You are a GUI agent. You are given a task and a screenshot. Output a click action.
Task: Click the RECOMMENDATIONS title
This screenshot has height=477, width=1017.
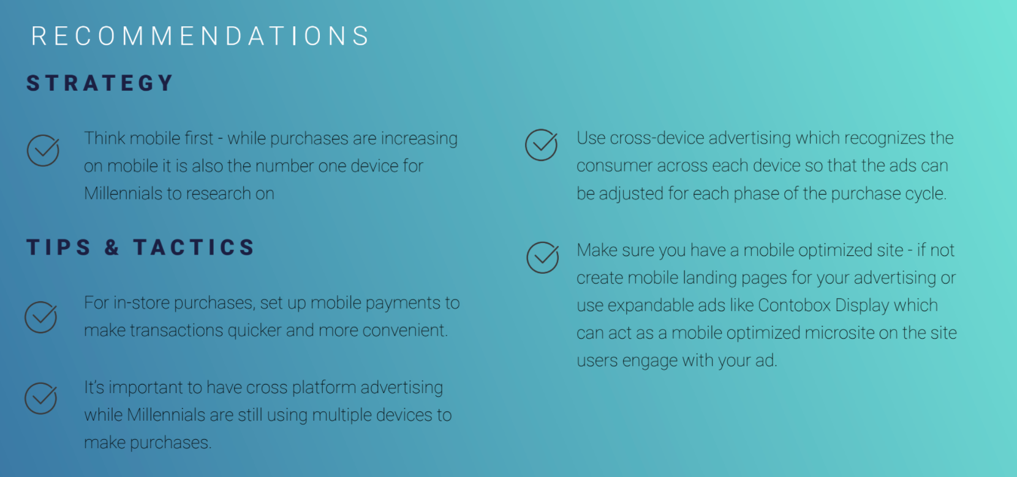(200, 36)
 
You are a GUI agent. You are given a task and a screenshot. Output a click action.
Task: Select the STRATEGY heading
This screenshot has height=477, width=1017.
(100, 83)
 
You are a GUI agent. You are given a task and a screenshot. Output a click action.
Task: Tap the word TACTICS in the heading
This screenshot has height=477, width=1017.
(194, 247)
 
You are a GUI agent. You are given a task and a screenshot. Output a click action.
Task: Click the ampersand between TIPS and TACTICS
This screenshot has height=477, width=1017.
(112, 247)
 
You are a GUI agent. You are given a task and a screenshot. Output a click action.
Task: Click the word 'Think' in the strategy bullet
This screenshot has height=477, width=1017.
(104, 138)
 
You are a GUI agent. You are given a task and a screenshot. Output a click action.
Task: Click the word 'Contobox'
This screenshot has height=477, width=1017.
(794, 306)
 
